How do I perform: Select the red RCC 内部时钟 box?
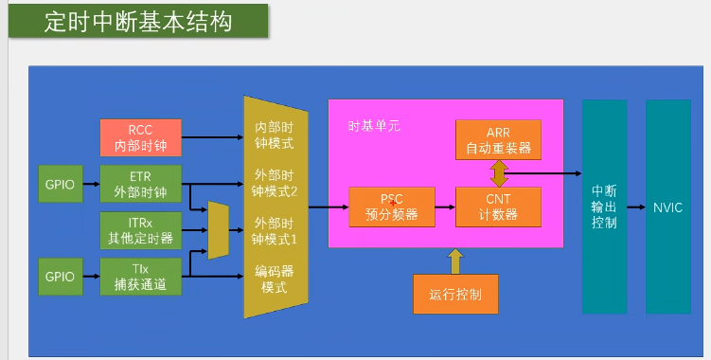pyautogui.click(x=139, y=138)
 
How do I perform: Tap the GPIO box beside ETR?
pyautogui.click(x=60, y=184)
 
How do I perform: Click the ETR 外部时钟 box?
pyautogui.click(x=139, y=184)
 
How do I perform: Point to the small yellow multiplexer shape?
pyautogui.click(x=218, y=230)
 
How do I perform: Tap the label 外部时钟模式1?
pyautogui.click(x=275, y=231)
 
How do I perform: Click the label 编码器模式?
pyautogui.click(x=275, y=279)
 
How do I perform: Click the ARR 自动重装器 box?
pyautogui.click(x=498, y=139)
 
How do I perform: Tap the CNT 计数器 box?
pyautogui.click(x=498, y=207)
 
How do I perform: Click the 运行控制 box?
pyautogui.click(x=455, y=294)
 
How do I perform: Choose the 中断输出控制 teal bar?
pyautogui.click(x=604, y=207)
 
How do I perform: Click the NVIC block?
pyautogui.click(x=667, y=207)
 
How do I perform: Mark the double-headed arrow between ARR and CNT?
pyautogui.click(x=499, y=173)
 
